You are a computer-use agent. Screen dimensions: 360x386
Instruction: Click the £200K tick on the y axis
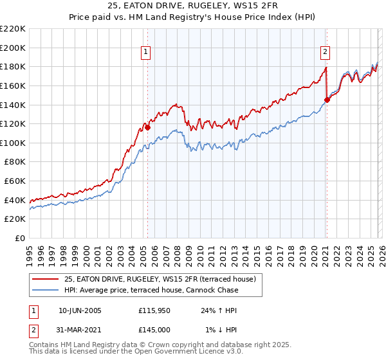(x=13, y=48)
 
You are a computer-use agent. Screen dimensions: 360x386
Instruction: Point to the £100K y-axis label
(x=13, y=143)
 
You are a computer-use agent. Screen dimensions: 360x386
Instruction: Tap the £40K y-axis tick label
(x=15, y=200)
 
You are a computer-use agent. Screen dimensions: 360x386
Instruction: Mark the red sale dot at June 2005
(x=147, y=127)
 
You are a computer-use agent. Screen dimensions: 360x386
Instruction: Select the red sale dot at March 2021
(x=327, y=100)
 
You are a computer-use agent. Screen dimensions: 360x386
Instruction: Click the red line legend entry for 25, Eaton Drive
(x=160, y=279)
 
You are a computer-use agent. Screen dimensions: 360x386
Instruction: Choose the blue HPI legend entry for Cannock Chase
(x=151, y=290)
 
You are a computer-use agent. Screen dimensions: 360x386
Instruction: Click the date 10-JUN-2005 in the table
(x=80, y=310)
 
